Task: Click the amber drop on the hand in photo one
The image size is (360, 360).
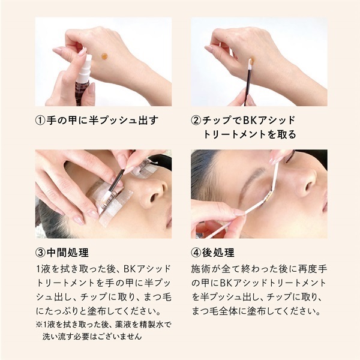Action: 104,56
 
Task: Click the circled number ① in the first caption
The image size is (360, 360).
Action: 40,121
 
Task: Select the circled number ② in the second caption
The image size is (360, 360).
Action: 196,121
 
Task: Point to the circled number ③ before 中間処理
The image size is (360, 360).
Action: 40,253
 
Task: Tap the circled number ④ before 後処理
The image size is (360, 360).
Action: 196,253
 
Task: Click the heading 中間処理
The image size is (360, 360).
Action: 67,253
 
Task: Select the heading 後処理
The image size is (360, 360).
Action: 218,253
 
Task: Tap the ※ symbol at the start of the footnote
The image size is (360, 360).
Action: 39,325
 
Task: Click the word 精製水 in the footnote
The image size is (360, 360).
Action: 154,325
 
